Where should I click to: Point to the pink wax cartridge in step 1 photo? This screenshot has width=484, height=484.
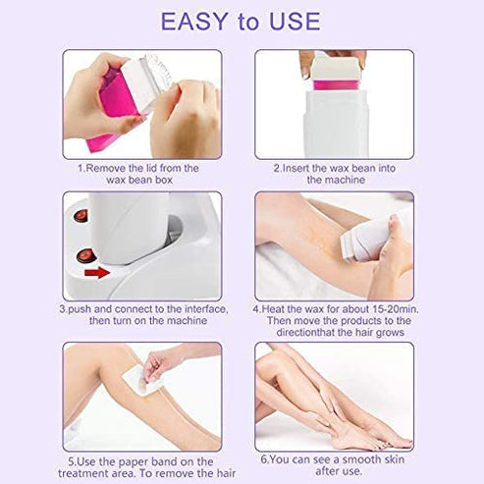(106, 113)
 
